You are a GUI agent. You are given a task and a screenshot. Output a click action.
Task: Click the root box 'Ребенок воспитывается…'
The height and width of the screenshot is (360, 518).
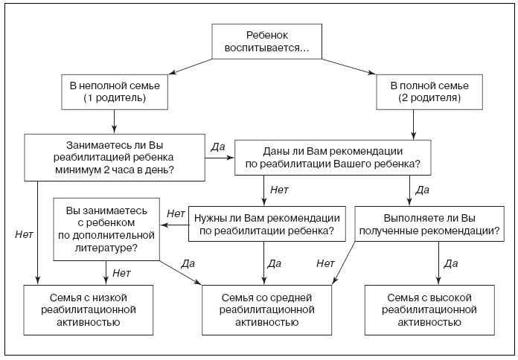[267, 42]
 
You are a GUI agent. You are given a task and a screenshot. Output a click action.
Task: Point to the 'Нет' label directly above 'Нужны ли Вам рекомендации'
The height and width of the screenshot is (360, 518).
[279, 190]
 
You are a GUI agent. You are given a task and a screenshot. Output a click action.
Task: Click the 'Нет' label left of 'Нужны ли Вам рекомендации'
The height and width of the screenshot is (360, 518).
[176, 214]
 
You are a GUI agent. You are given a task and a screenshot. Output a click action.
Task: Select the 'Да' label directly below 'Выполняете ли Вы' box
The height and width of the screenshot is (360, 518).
[450, 263]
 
